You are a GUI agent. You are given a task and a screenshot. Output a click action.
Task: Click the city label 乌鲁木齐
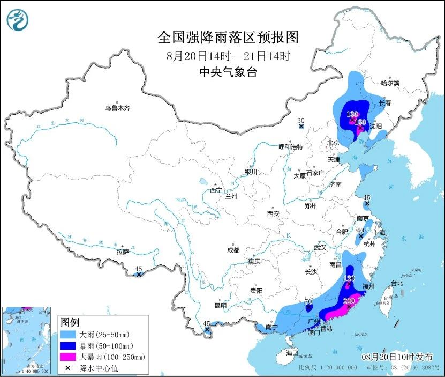[x=117, y=108]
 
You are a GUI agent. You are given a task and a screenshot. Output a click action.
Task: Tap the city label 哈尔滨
[x=390, y=83]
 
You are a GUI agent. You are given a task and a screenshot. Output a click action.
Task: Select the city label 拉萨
[x=122, y=251]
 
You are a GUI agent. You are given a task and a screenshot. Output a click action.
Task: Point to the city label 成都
[x=233, y=250]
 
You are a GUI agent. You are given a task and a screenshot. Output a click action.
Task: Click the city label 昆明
[x=220, y=305]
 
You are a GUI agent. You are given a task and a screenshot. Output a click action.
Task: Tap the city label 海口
[x=291, y=353]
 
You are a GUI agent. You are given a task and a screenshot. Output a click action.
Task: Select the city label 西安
[x=273, y=213]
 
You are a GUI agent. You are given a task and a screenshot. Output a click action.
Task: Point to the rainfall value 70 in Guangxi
[x=308, y=302]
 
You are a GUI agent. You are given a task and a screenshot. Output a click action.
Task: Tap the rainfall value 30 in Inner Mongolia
[x=300, y=121]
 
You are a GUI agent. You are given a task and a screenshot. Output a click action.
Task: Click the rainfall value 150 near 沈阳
[x=360, y=123]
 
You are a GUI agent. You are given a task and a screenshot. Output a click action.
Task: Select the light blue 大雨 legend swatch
[x=70, y=335]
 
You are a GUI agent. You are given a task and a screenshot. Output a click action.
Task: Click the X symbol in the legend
[x=70, y=367]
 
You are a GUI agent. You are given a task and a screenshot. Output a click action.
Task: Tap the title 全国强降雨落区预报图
[x=228, y=38]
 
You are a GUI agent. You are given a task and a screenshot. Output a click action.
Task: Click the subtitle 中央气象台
[x=228, y=72]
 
